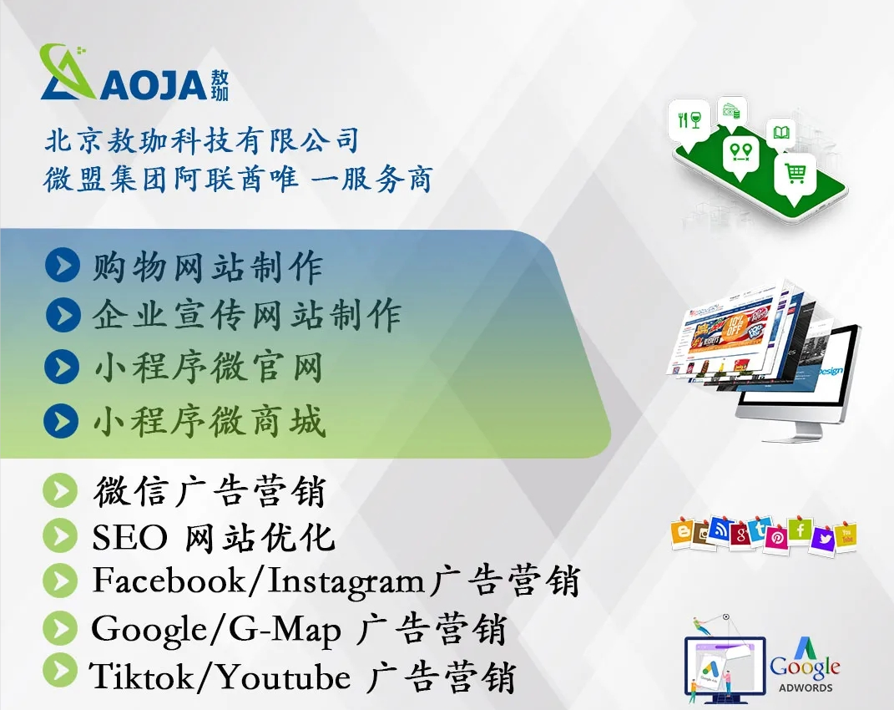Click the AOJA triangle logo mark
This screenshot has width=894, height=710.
coord(68,73)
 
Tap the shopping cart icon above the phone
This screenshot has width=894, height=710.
coord(796,173)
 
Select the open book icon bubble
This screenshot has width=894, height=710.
coord(781,134)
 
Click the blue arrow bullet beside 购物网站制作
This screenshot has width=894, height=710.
coord(62,265)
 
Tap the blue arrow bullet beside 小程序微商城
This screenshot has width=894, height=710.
coord(61,421)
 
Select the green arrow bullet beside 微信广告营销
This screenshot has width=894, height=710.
coord(60,490)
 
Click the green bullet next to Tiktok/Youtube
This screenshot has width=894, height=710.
coord(60,670)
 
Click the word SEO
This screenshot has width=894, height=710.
coord(130,538)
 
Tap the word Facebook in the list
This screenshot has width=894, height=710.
coord(169,581)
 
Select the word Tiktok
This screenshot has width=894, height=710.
coord(141,677)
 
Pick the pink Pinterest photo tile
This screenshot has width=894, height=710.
coord(776,537)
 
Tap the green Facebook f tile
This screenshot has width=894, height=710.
coord(800,530)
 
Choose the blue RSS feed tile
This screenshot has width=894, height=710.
coord(720,530)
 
